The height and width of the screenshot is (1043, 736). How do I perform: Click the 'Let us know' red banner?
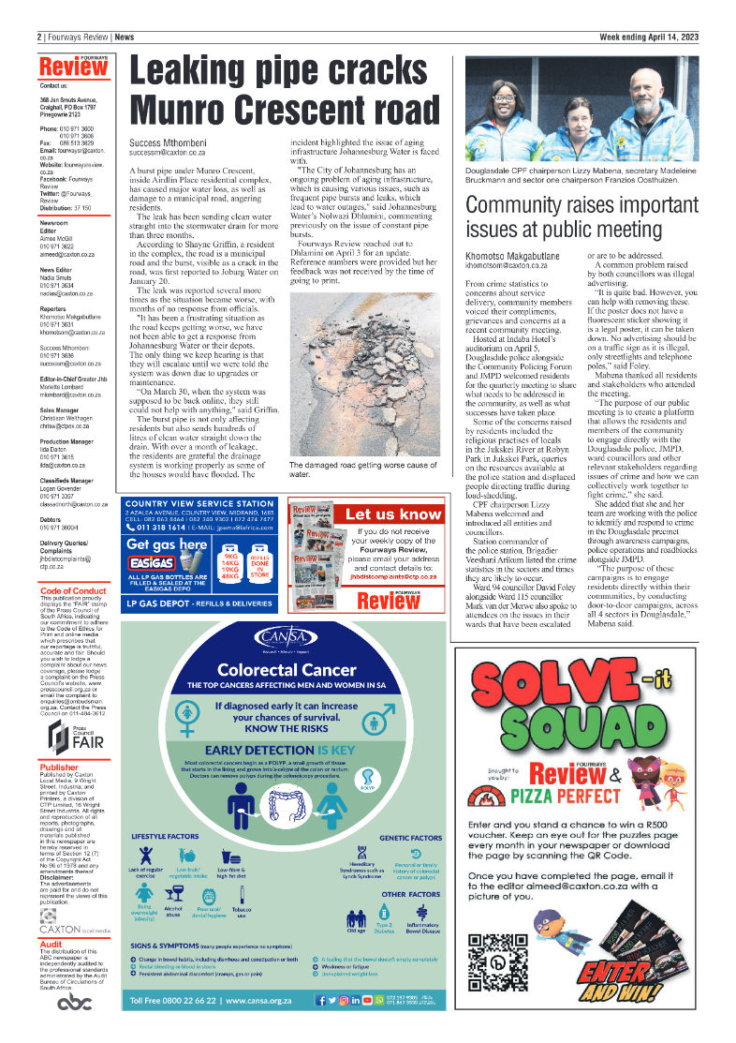click(392, 514)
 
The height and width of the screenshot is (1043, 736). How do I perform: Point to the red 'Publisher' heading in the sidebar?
click(59, 767)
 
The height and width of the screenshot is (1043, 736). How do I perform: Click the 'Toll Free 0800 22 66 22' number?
click(174, 1002)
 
